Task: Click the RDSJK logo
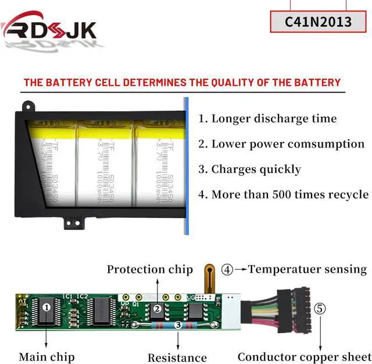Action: point(49,28)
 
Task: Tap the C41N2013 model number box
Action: point(318,22)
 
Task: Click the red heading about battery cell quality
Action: point(182,82)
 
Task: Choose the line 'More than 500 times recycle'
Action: point(283,195)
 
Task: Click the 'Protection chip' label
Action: point(149,269)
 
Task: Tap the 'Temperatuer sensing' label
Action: point(307,269)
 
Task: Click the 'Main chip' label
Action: point(46,356)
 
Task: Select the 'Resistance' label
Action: point(177,357)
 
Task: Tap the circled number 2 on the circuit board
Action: point(156,309)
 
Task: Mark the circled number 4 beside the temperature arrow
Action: point(227,270)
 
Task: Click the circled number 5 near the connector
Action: point(320,309)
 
